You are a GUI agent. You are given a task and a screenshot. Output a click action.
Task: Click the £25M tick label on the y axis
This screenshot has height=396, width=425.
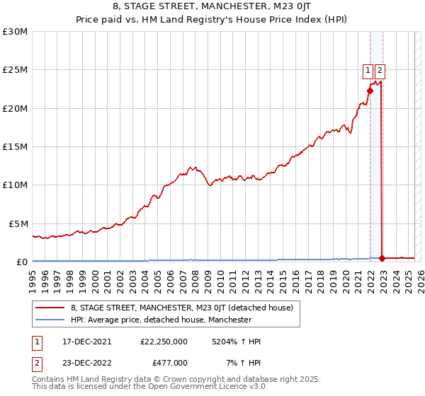[x=15, y=70]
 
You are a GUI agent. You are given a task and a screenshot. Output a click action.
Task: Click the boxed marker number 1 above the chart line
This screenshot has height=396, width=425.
[x=368, y=70]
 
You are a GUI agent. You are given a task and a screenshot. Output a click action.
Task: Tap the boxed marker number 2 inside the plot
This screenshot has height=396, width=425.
[x=380, y=70]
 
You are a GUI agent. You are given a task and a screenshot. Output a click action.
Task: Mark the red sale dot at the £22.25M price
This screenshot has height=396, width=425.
[x=370, y=91]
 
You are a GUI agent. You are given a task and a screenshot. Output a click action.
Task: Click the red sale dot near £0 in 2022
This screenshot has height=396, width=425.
[x=382, y=258]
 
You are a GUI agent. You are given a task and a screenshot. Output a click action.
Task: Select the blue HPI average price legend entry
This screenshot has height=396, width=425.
[x=161, y=320]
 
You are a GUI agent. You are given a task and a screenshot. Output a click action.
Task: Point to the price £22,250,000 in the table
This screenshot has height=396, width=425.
[x=164, y=342]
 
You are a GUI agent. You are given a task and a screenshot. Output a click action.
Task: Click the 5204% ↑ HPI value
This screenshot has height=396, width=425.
[x=236, y=342]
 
